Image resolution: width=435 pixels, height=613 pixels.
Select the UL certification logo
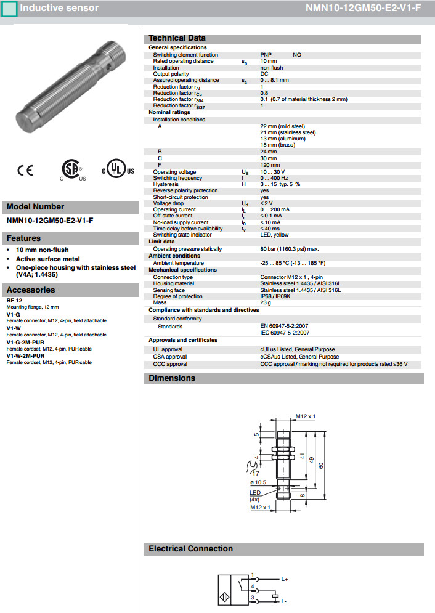click(117, 170)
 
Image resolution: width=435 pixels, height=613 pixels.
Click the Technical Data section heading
click(177, 38)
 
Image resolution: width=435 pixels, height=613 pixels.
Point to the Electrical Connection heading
click(191, 548)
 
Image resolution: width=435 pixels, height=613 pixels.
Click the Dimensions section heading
click(172, 378)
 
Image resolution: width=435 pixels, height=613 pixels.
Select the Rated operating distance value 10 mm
click(269, 61)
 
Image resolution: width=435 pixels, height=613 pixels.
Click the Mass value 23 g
click(266, 302)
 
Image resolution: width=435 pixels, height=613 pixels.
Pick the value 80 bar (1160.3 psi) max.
click(290, 249)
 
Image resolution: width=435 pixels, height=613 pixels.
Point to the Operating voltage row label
click(174, 172)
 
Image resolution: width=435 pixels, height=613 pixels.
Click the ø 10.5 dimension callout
click(259, 482)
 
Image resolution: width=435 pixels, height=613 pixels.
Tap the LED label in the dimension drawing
click(254, 492)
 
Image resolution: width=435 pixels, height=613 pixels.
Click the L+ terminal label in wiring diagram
click(285, 580)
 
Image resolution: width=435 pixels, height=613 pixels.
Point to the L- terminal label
click(285, 600)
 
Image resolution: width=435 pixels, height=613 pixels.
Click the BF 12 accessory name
click(14, 300)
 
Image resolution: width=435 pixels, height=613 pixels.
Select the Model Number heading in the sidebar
click(35, 207)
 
